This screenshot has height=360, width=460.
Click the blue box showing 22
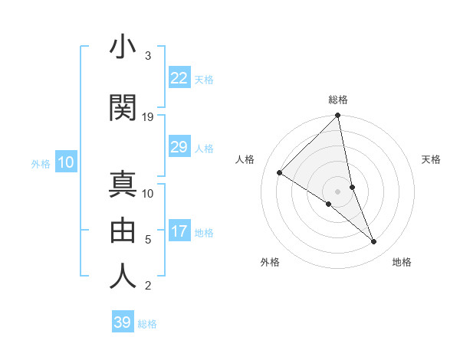click(179, 78)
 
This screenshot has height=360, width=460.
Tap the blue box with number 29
click(179, 147)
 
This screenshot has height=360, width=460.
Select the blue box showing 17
click(179, 231)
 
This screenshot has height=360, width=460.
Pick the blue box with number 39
click(123, 322)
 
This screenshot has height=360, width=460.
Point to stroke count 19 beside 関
click(148, 116)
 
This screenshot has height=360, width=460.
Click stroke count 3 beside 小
click(148, 56)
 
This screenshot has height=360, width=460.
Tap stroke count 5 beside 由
click(148, 239)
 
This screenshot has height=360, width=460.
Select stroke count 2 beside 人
click(148, 286)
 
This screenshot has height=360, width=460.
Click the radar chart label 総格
click(338, 100)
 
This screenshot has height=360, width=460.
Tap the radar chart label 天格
click(432, 159)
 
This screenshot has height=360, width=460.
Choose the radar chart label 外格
click(270, 262)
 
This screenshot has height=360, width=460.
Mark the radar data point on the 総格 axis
click(338, 116)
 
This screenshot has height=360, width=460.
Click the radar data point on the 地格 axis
click(374, 241)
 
